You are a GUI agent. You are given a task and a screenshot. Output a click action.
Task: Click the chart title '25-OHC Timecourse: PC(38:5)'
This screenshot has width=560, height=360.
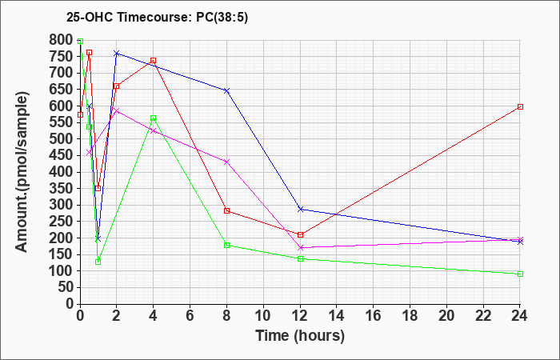click(157, 18)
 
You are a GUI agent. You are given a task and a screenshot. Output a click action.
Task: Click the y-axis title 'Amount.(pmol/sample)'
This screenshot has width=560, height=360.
click(22, 172)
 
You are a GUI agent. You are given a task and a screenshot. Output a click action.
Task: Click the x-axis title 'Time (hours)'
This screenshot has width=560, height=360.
click(300, 336)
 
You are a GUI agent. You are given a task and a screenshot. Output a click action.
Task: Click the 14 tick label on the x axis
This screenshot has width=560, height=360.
click(337, 315)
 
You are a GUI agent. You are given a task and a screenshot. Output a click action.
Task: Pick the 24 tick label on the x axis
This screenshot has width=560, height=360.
click(520, 315)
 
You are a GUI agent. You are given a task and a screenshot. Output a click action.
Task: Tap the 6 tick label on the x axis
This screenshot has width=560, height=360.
click(190, 315)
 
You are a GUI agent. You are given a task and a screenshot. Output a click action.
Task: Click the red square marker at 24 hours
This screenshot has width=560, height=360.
click(520, 106)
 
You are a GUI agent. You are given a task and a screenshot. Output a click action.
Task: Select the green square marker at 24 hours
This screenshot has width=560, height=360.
click(520, 274)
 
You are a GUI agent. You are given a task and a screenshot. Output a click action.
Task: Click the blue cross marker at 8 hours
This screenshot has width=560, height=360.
click(226, 90)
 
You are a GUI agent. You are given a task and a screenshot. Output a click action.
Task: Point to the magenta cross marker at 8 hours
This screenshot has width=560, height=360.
click(226, 162)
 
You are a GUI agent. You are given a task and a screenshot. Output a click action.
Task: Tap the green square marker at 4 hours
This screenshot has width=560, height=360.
click(154, 118)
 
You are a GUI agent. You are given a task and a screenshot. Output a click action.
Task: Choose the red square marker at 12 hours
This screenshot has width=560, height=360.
click(300, 234)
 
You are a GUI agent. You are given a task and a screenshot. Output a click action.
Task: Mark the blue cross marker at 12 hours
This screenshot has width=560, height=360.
click(300, 210)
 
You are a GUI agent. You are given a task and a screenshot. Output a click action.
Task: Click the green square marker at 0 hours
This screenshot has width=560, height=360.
click(80, 41)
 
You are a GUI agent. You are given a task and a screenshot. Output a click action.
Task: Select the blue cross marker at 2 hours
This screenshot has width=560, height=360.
click(117, 54)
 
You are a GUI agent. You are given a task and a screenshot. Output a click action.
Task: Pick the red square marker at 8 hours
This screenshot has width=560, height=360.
click(226, 210)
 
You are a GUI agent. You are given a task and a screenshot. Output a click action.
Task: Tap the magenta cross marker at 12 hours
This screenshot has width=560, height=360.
click(300, 247)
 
